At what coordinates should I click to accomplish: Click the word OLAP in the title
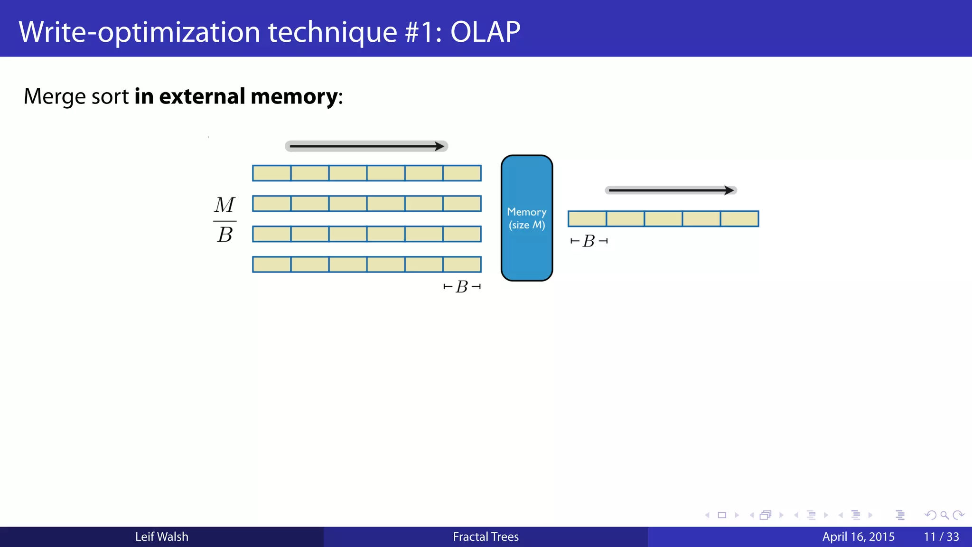tap(485, 32)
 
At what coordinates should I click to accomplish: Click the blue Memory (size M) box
tap(527, 218)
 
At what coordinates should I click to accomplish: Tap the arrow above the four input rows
tap(366, 146)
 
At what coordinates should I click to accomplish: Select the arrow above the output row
tap(671, 190)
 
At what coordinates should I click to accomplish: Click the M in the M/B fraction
tap(224, 205)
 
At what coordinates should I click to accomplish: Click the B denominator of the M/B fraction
tap(224, 235)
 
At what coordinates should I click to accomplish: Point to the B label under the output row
tap(589, 241)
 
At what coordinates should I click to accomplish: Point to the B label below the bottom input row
tap(462, 287)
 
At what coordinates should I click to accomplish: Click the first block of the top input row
tap(272, 173)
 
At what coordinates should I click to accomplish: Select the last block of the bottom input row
tap(462, 264)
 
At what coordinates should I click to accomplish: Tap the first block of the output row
tap(587, 219)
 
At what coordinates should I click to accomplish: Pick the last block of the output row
tap(739, 219)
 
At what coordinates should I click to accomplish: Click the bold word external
tap(202, 96)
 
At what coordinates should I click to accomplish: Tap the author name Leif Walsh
tap(162, 537)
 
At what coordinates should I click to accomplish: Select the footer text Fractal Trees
tap(486, 537)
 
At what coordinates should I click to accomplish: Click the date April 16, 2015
tap(858, 537)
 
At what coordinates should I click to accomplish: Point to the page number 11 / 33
tap(941, 537)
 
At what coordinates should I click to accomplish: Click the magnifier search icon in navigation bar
tap(944, 515)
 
